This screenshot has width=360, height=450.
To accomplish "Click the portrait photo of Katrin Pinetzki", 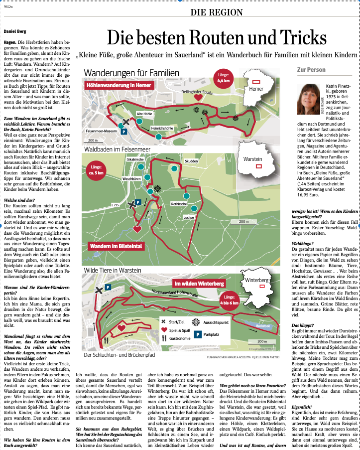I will tap(310, 99).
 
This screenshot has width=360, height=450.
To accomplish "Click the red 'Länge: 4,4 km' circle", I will tap(223, 78).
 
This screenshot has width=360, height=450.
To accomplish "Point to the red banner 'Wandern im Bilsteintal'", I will tap(115, 246).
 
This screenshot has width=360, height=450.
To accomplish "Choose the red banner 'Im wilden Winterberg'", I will tap(199, 284).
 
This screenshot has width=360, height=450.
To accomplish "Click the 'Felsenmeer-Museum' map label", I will tap(102, 131).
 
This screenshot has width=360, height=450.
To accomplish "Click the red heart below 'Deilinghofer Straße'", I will tap(198, 98).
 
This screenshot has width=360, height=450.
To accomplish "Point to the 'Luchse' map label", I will tap(188, 217).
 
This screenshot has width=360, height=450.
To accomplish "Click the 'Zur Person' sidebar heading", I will tap(311, 70).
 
